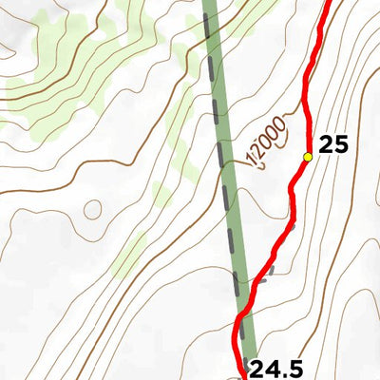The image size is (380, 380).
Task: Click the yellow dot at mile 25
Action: (308, 157)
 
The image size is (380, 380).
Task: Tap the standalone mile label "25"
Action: (333, 145)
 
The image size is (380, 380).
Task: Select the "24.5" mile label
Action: (276, 366)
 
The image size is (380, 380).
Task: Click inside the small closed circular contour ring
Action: (92, 209)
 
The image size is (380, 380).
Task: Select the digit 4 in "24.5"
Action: (270, 366)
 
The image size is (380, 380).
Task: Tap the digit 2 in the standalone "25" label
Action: (327, 145)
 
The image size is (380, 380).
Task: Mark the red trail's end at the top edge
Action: (330, 3)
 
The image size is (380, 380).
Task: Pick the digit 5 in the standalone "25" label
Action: (340, 145)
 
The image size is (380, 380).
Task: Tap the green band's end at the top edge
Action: (211, 3)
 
